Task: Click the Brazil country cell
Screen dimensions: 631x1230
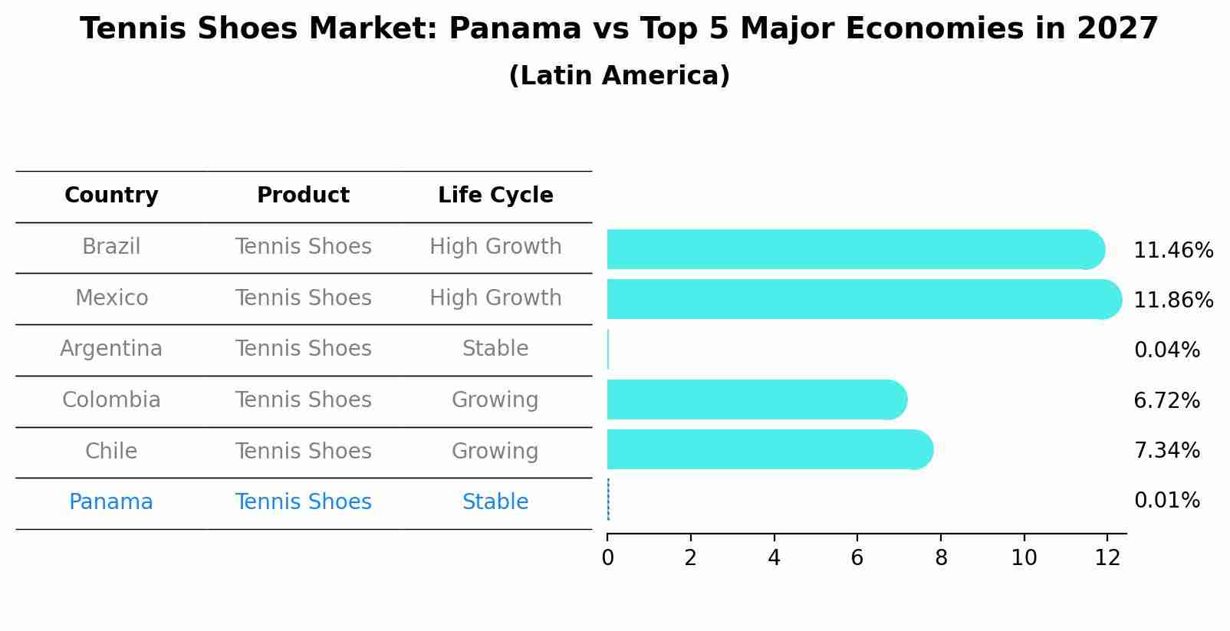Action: click(x=111, y=247)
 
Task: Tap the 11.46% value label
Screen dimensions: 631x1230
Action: click(x=1172, y=251)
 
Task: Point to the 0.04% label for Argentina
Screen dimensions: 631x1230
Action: click(x=1166, y=350)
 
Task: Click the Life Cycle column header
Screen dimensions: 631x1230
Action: click(x=495, y=196)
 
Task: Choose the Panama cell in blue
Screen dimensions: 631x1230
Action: click(x=111, y=502)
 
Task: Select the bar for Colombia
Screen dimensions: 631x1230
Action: click(x=755, y=399)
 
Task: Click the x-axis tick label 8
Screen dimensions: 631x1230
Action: click(x=940, y=558)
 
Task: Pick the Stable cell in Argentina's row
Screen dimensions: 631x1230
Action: click(x=495, y=349)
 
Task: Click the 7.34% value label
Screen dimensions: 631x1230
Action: click(x=1166, y=451)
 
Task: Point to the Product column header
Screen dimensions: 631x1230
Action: click(x=303, y=196)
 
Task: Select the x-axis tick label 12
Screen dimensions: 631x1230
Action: click(x=1107, y=558)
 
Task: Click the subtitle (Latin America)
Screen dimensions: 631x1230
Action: click(x=619, y=76)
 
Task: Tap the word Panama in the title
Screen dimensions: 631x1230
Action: click(x=515, y=29)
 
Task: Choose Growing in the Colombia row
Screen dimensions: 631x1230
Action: click(x=495, y=400)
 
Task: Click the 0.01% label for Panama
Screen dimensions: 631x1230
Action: click(x=1166, y=501)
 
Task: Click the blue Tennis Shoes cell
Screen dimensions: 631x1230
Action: click(x=303, y=502)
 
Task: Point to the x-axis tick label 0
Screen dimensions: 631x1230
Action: click(x=607, y=558)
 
